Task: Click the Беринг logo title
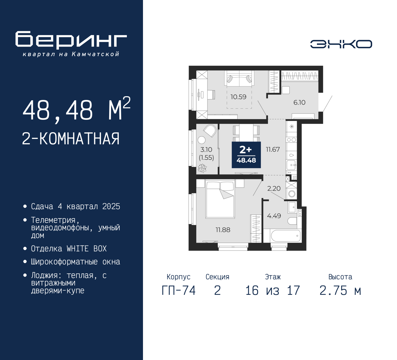[x=71, y=40]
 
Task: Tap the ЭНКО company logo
[x=341, y=44]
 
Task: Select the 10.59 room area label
[x=238, y=97]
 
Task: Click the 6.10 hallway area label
[x=299, y=102]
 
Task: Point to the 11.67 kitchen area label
[x=273, y=150]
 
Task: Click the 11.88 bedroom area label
[x=223, y=230]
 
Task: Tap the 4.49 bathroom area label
[x=274, y=216]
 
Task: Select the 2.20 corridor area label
[x=274, y=188]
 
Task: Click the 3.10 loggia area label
[x=206, y=150]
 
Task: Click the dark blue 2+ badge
[x=246, y=155]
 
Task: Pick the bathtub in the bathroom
[x=286, y=236]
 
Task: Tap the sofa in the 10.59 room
[x=239, y=78]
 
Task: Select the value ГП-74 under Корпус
[x=179, y=291]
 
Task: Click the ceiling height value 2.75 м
[x=340, y=291]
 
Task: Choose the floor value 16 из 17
[x=273, y=291]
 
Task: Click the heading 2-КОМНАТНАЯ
[x=71, y=139]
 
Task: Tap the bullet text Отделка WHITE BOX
[x=69, y=249]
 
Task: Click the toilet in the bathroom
[x=292, y=221]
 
